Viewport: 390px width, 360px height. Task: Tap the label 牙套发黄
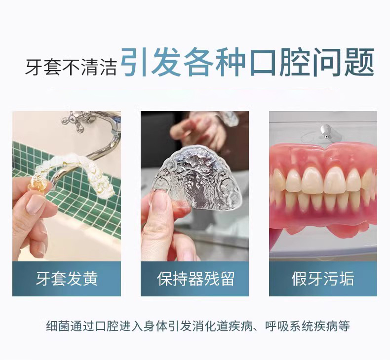click(x=67, y=279)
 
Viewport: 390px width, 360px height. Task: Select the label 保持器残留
click(x=195, y=279)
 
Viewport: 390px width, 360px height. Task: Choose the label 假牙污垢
click(x=323, y=279)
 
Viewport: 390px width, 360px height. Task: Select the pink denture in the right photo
click(x=323, y=187)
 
